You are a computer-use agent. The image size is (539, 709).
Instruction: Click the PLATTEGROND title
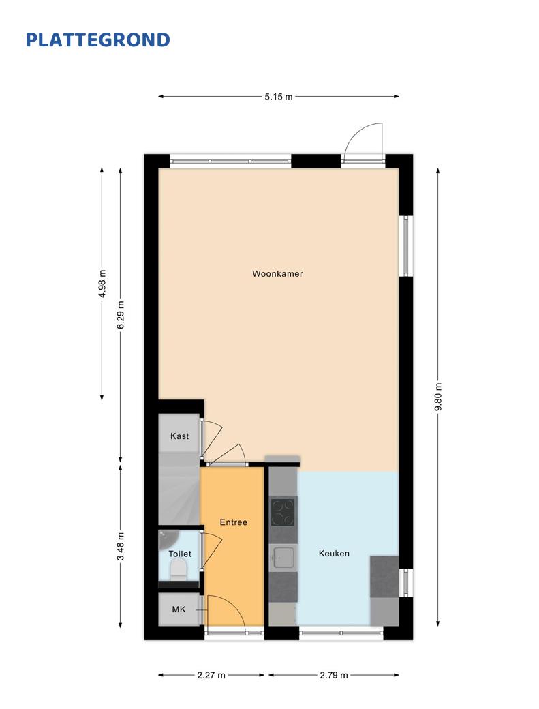[x=97, y=40]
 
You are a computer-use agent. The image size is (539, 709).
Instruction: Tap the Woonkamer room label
[x=277, y=273]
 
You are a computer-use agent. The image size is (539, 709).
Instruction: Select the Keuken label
[x=334, y=553]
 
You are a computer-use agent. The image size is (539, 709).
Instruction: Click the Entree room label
[x=234, y=522]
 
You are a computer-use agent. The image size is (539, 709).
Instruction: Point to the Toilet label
[x=180, y=554]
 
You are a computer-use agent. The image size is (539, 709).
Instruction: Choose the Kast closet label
[x=179, y=436]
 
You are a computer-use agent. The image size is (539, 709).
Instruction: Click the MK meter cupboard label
[x=179, y=609]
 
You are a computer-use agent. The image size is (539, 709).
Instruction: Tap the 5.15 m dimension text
[x=279, y=96]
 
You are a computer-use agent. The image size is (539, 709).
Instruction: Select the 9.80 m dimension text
[x=437, y=397]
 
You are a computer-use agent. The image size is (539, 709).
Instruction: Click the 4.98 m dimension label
[x=102, y=284]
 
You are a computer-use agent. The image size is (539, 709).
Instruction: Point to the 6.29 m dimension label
[x=120, y=315]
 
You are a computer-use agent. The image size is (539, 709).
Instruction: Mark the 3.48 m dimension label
[x=120, y=546]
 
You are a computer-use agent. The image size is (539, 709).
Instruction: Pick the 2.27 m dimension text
[x=211, y=675]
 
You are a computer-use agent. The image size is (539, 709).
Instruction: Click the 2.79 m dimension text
[x=334, y=675]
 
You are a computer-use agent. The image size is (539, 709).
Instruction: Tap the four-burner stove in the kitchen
[x=283, y=511]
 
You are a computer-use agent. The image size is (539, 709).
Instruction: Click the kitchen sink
[x=283, y=558]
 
